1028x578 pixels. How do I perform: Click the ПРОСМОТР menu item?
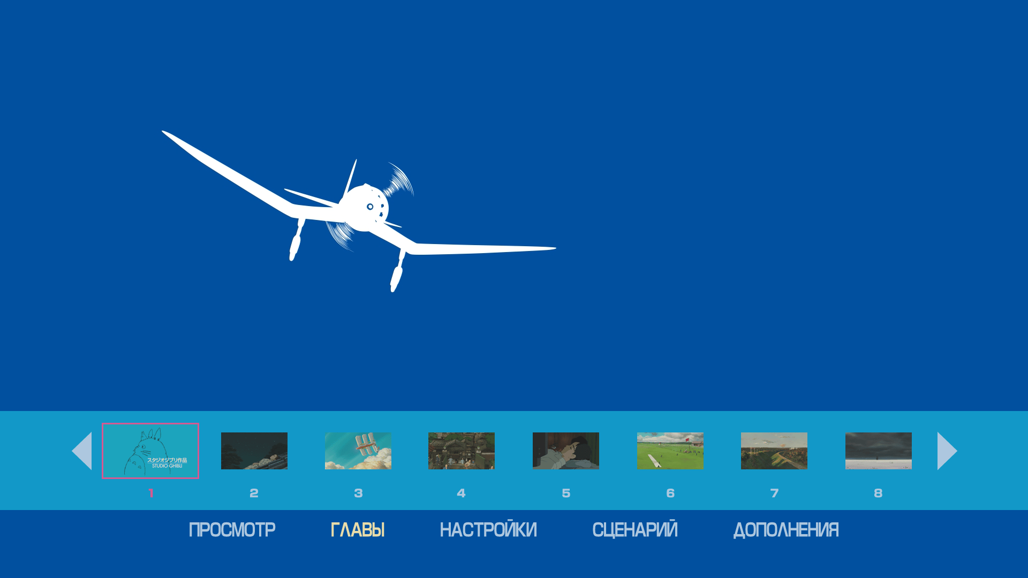232,530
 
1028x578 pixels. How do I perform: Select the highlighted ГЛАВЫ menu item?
358,530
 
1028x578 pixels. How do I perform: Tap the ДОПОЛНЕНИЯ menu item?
786,530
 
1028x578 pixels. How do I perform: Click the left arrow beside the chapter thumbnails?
82,451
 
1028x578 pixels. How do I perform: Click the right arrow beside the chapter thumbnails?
947,451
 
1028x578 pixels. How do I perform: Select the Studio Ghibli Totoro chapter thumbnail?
150,451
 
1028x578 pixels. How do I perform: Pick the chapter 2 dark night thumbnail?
254,451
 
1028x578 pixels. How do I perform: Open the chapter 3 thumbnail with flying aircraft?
358,451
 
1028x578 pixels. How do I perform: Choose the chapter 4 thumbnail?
462,451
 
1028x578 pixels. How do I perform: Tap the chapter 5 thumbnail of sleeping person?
566,451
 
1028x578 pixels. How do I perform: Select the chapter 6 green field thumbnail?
670,451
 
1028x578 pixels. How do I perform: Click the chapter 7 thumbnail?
774,451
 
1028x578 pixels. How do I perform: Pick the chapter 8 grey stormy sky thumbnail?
879,451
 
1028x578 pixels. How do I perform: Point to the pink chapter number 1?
151,493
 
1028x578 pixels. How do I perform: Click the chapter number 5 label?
566,493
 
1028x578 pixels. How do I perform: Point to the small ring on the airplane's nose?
370,207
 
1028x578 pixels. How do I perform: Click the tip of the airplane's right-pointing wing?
556,248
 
